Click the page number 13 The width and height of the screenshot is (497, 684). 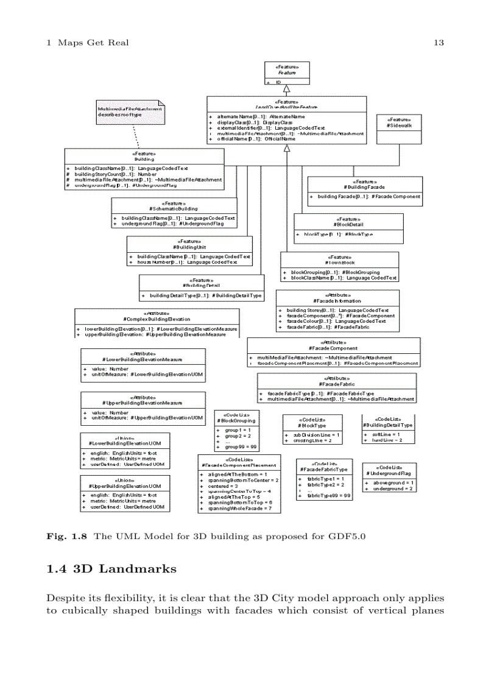point(439,43)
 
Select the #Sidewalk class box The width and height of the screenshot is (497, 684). point(399,129)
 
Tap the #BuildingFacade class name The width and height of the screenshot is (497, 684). point(364,187)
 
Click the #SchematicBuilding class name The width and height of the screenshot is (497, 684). point(174,208)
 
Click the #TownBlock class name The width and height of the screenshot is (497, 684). point(339,263)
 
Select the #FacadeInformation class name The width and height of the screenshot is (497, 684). point(337,300)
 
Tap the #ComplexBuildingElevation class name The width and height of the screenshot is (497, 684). point(157,319)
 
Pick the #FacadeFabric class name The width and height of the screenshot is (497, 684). point(336,384)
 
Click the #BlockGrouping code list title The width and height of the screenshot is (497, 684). point(237,420)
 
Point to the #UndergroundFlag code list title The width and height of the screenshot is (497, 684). point(389,473)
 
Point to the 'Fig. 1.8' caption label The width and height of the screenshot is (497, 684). point(67,537)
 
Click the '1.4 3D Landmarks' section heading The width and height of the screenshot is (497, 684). point(111,569)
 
